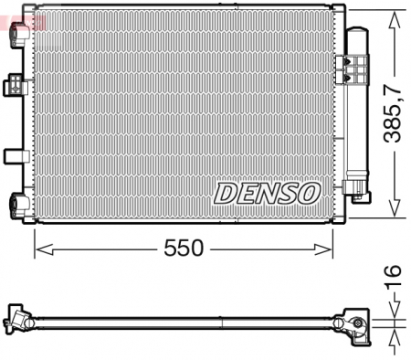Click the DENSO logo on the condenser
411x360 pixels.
[267, 192]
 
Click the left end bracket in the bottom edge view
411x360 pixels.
[18, 319]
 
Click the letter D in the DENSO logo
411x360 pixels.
[226, 192]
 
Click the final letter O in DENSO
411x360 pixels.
[308, 192]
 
